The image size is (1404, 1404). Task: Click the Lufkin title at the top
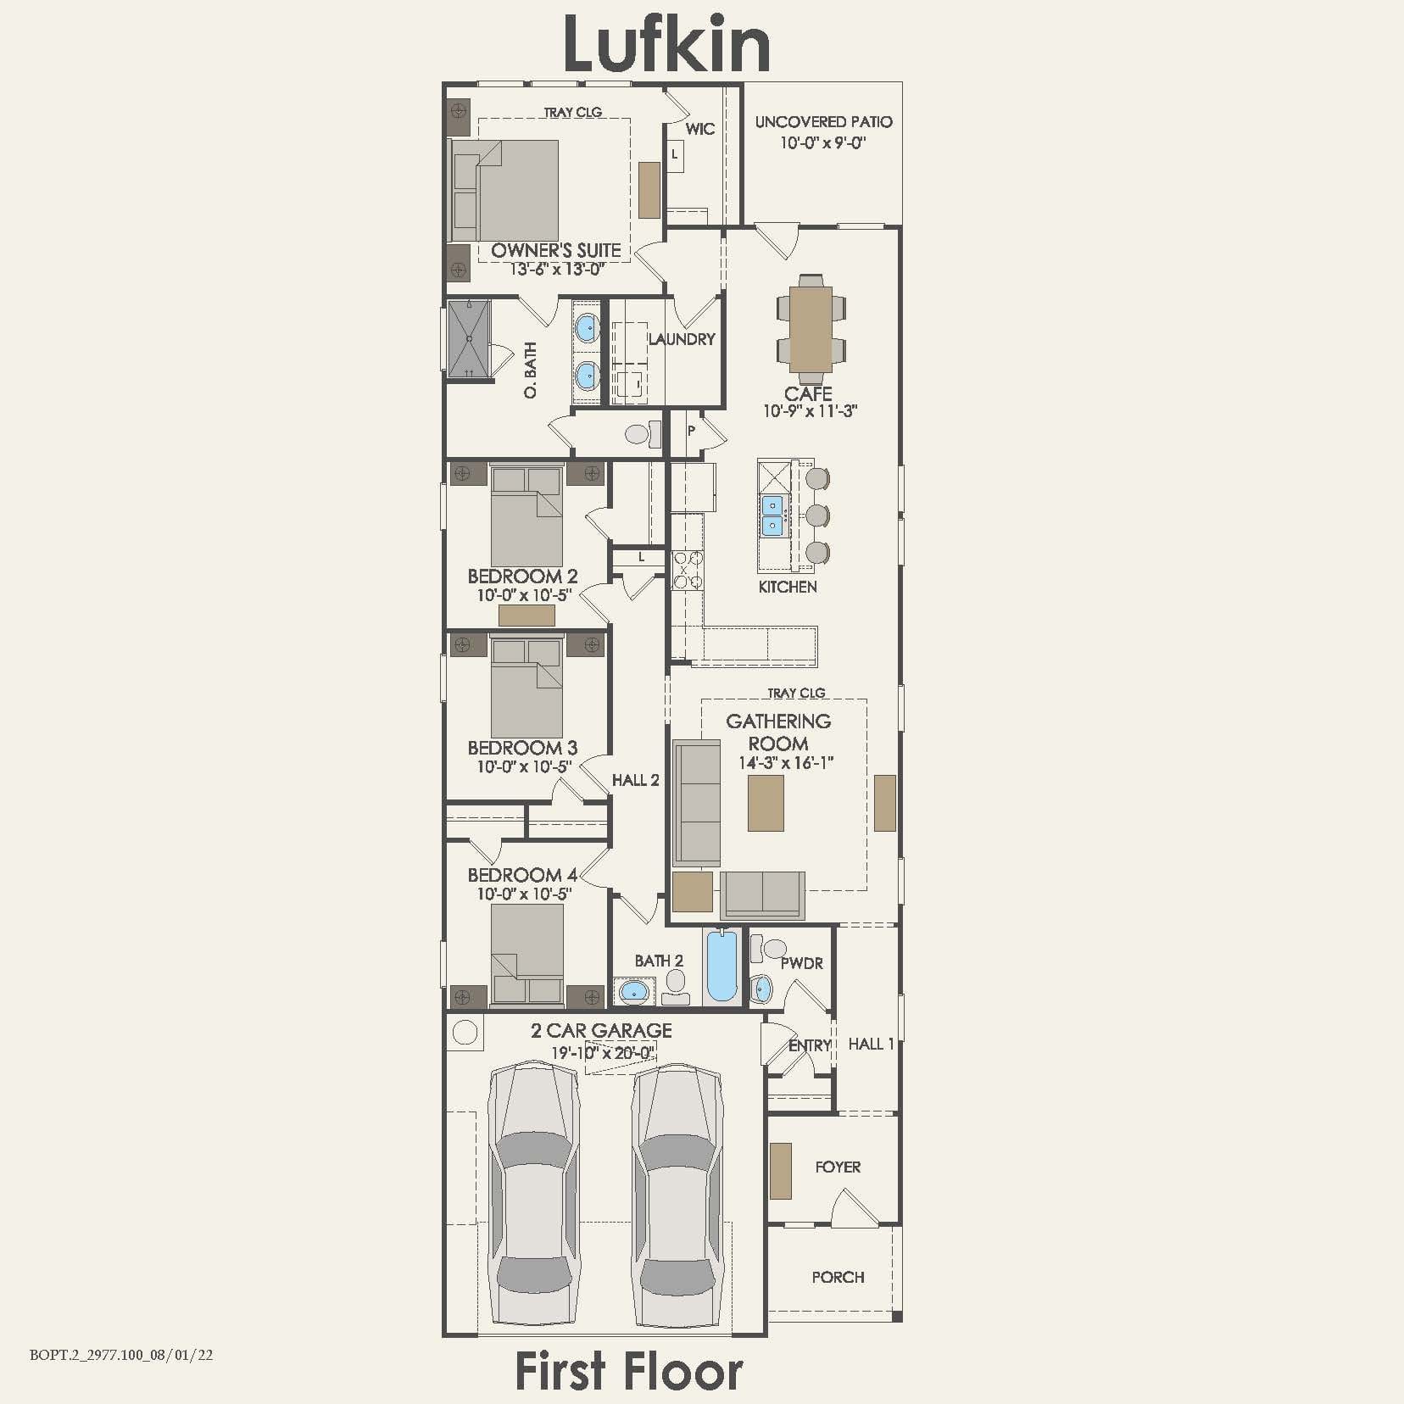point(666,44)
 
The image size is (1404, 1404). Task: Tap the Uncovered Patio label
point(823,122)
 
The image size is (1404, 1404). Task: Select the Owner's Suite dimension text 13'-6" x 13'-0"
point(557,270)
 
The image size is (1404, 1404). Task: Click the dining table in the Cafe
point(811,328)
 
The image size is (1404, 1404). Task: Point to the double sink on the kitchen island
point(772,515)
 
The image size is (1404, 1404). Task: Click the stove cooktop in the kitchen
point(687,570)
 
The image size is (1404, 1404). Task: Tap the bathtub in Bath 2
point(722,967)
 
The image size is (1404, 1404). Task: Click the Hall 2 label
point(635,780)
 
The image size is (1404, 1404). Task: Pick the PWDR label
point(801,963)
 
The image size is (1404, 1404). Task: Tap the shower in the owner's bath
point(469,338)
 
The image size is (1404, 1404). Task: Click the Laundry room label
point(682,339)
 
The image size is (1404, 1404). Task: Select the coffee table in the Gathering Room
point(766,803)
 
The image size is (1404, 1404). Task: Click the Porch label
point(838,1277)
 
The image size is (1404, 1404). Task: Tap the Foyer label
point(838,1167)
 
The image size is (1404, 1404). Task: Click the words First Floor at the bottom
point(628,1371)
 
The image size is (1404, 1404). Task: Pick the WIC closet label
point(699,129)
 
